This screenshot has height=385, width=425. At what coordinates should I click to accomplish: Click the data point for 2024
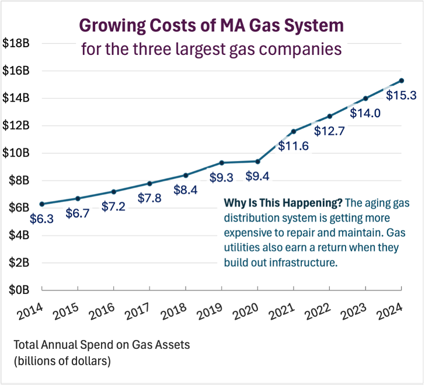pyautogui.click(x=402, y=80)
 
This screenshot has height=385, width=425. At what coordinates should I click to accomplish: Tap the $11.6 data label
pyautogui.click(x=293, y=146)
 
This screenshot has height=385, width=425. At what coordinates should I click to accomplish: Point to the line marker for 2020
pyautogui.click(x=257, y=161)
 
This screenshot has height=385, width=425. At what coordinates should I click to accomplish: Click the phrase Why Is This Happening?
pyautogui.click(x=283, y=203)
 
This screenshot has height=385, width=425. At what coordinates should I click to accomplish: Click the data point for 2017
pyautogui.click(x=149, y=183)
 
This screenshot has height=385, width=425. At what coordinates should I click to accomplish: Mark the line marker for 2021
pyautogui.click(x=294, y=131)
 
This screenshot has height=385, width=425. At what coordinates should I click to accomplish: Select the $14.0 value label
pyautogui.click(x=365, y=113)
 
